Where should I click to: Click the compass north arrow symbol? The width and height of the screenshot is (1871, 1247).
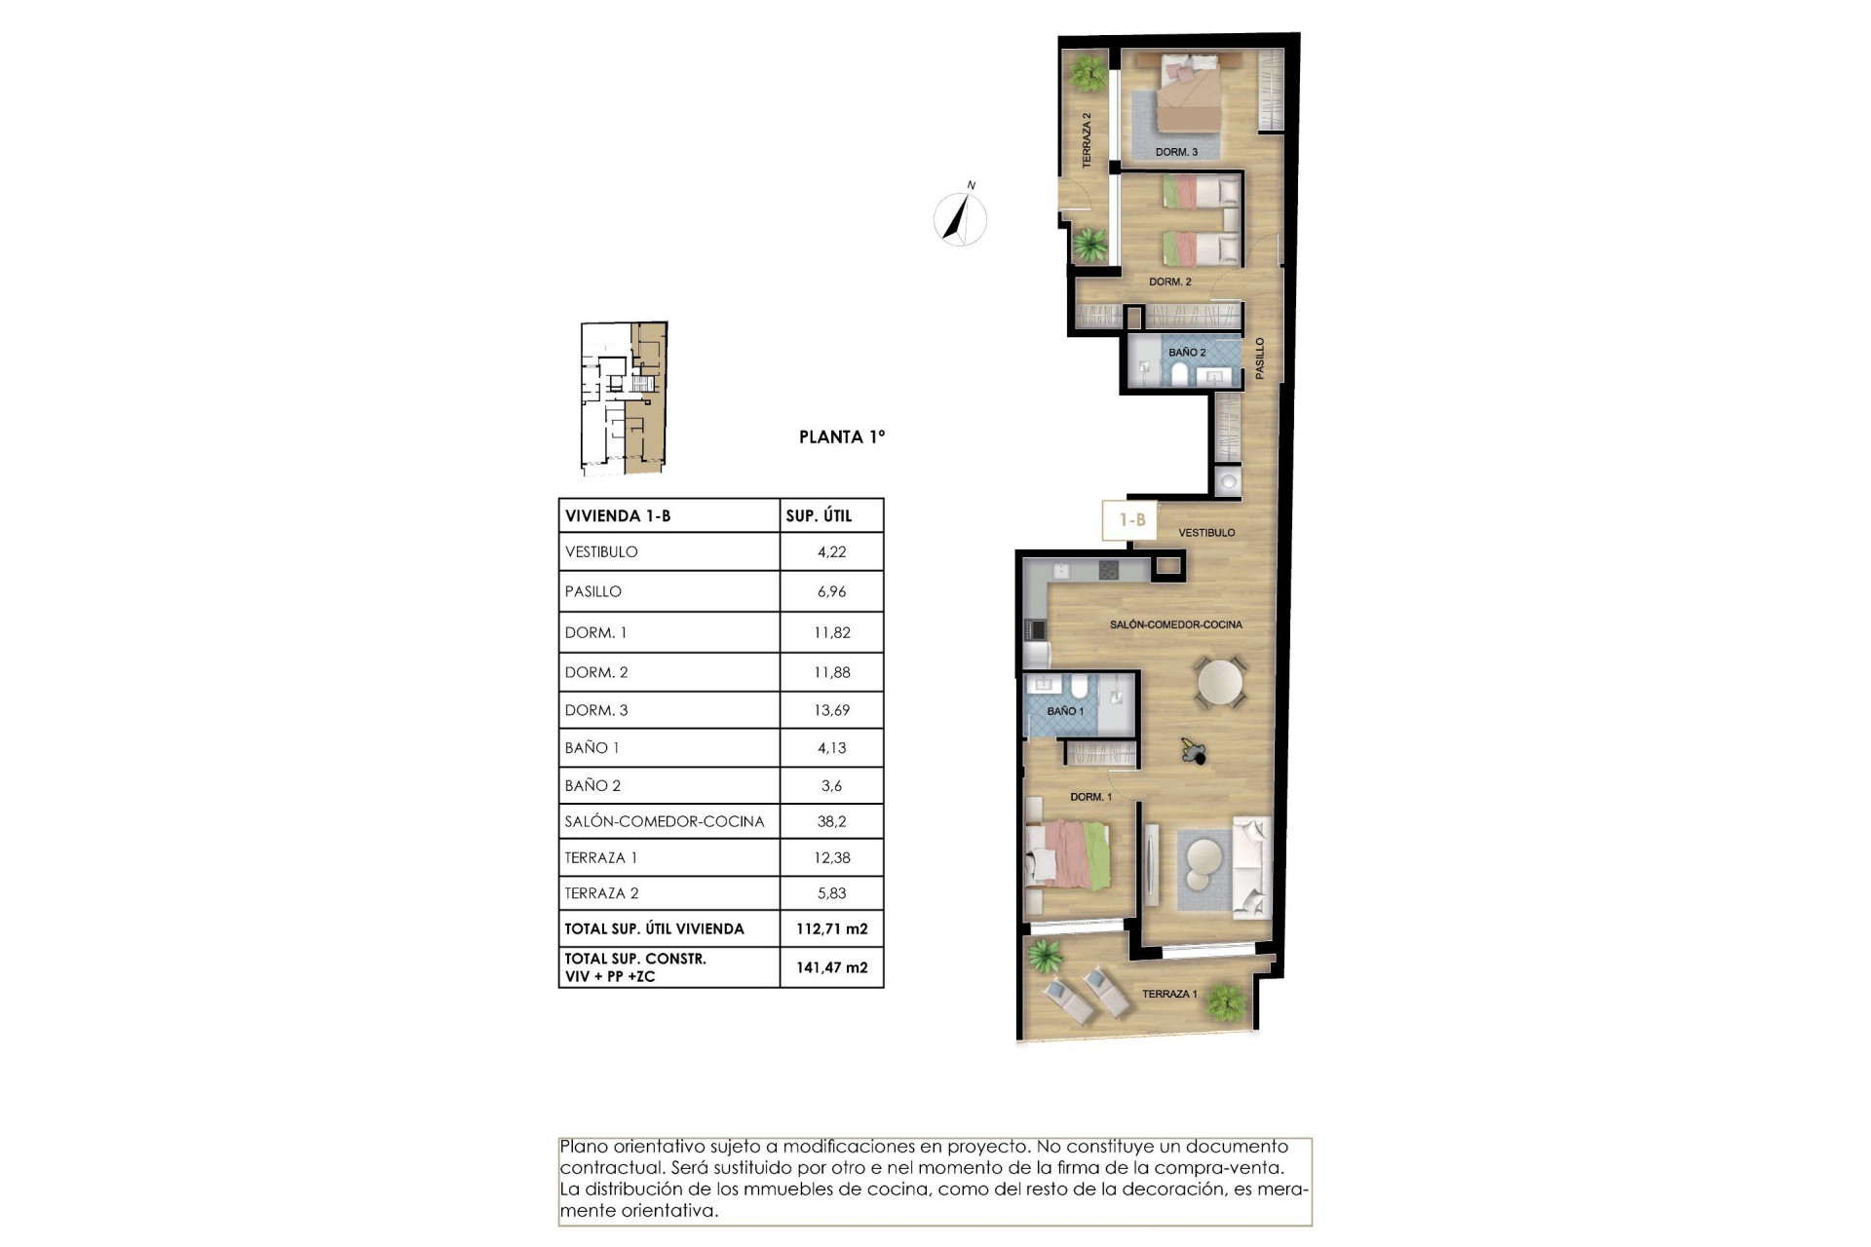point(960,217)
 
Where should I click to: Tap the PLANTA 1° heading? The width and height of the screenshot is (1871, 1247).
point(842,437)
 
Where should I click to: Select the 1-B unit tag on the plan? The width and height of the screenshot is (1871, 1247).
point(1130,520)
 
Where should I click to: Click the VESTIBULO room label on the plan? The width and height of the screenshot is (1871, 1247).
point(1206,533)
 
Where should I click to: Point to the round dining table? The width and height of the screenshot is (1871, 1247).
point(1221,682)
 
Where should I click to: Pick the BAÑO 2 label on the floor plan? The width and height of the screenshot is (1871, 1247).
point(1187,353)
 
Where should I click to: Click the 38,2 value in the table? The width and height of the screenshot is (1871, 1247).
point(831,821)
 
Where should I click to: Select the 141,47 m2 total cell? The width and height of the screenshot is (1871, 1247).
point(831,967)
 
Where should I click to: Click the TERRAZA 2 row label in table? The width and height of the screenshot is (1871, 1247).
point(601,893)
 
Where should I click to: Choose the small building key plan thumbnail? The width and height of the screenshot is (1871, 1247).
point(624,397)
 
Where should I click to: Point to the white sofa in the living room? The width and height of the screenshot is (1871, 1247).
point(1250,867)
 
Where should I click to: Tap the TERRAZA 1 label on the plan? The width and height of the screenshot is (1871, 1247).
point(1168,994)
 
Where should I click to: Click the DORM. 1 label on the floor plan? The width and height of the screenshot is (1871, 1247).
point(1090,797)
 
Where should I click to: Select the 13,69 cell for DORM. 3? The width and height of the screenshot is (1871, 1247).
point(831,710)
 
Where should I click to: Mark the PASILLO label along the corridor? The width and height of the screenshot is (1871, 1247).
point(1260,358)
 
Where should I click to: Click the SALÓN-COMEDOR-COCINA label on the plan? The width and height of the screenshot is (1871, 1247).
point(1175,624)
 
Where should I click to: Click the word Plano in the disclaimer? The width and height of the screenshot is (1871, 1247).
point(583,1147)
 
